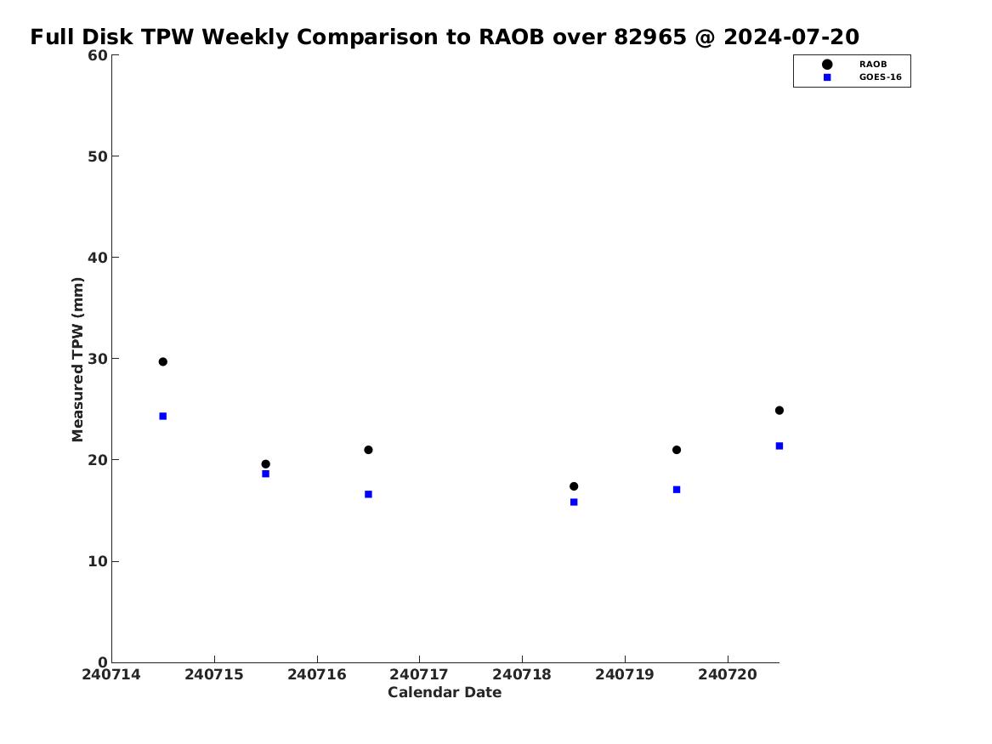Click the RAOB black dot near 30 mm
point(162,362)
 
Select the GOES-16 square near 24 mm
point(162,417)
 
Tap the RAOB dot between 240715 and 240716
point(266,463)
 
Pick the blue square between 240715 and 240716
point(266,474)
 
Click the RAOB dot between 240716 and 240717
point(368,450)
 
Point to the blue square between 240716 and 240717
point(368,494)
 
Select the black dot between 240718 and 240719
point(574,486)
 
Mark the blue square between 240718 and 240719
point(574,503)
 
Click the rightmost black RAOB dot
point(779,411)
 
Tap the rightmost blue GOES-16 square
point(779,446)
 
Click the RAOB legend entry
point(854,65)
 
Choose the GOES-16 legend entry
point(862,77)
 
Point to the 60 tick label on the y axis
point(98,55)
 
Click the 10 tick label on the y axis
point(98,561)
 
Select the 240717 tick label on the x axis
point(419,674)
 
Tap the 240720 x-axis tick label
point(728,674)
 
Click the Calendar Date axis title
point(445,693)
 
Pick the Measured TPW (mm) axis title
point(78,360)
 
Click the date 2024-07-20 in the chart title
point(791,37)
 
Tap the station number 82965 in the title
point(650,37)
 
